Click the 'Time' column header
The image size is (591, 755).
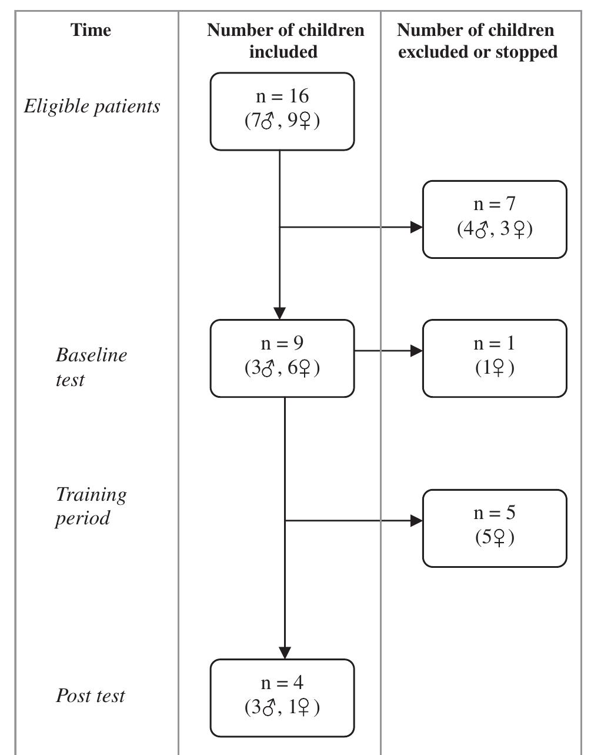[x=91, y=30]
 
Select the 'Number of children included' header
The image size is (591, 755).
[x=285, y=41]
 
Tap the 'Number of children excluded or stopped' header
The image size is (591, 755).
[x=476, y=41]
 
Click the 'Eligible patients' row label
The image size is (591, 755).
[x=92, y=107]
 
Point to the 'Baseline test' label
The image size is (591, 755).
[x=91, y=367]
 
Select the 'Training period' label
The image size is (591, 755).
[x=91, y=505]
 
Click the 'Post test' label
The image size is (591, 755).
[x=90, y=696]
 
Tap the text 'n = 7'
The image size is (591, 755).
[x=494, y=204]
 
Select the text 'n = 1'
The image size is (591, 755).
[x=494, y=343]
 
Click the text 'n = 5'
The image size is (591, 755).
[x=494, y=513]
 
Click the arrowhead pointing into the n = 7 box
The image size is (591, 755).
[x=416, y=227]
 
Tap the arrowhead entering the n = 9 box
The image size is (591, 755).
[x=280, y=313]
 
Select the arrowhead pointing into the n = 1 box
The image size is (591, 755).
[x=416, y=351]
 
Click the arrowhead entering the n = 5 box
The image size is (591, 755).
[x=416, y=521]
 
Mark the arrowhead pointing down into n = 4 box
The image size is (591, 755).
[x=285, y=653]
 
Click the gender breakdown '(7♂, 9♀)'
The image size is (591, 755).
[x=282, y=121]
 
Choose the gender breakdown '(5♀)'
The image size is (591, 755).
[x=495, y=537]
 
